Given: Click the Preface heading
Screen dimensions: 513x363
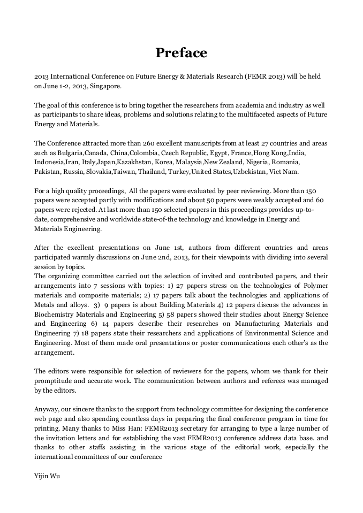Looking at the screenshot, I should tap(181, 53).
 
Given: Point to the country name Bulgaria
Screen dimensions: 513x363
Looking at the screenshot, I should tap(68, 153).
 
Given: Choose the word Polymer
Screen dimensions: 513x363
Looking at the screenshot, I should tap(315, 286).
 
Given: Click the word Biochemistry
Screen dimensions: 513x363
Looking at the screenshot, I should tap(55, 315).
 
